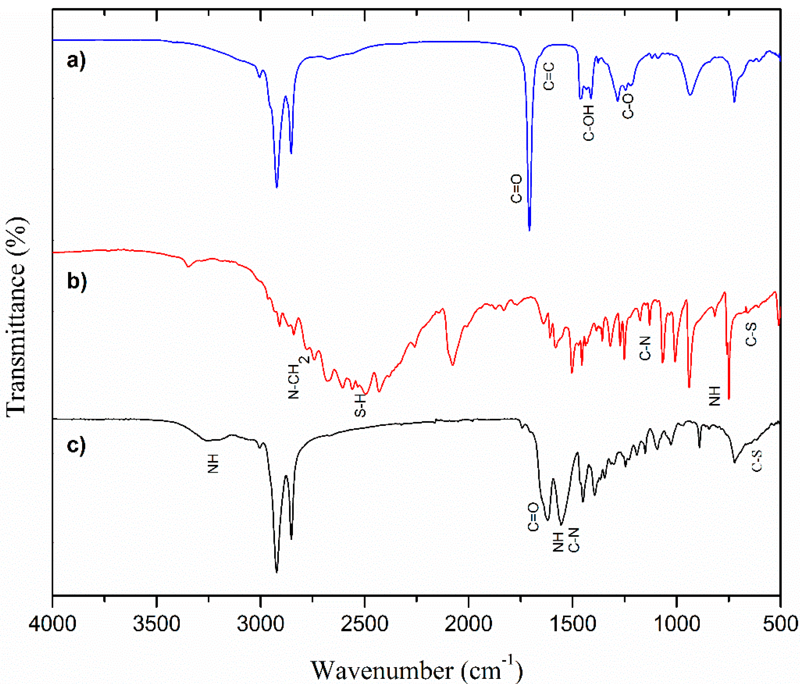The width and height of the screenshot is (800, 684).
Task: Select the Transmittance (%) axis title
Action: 16,315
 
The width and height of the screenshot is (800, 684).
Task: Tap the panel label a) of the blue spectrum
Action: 76,61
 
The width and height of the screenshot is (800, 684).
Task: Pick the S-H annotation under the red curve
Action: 360,405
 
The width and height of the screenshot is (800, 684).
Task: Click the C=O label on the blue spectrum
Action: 516,189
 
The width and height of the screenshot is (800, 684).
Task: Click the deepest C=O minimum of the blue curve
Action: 529,230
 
